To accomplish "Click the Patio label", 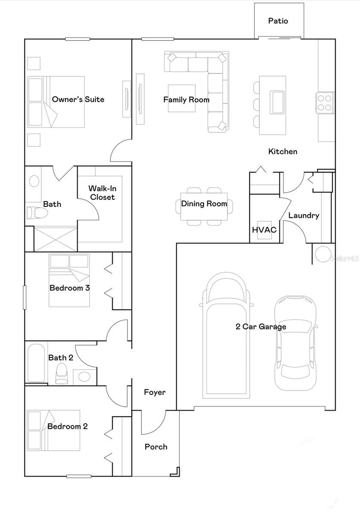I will (278, 21).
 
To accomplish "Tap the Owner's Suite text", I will (78, 100).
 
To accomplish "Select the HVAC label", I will (264, 230).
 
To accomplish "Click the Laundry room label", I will (304, 215).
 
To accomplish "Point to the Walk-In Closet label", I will (102, 193).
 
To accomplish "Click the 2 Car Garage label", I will (261, 327).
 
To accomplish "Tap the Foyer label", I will (154, 392).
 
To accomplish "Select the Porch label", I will (156, 447).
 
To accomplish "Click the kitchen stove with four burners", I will (326, 102).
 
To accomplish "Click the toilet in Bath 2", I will (62, 374).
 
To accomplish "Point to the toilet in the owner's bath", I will (34, 212).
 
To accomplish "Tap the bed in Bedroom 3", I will (69, 280).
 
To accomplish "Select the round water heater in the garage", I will (323, 254).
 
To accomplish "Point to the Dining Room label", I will (204, 204).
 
